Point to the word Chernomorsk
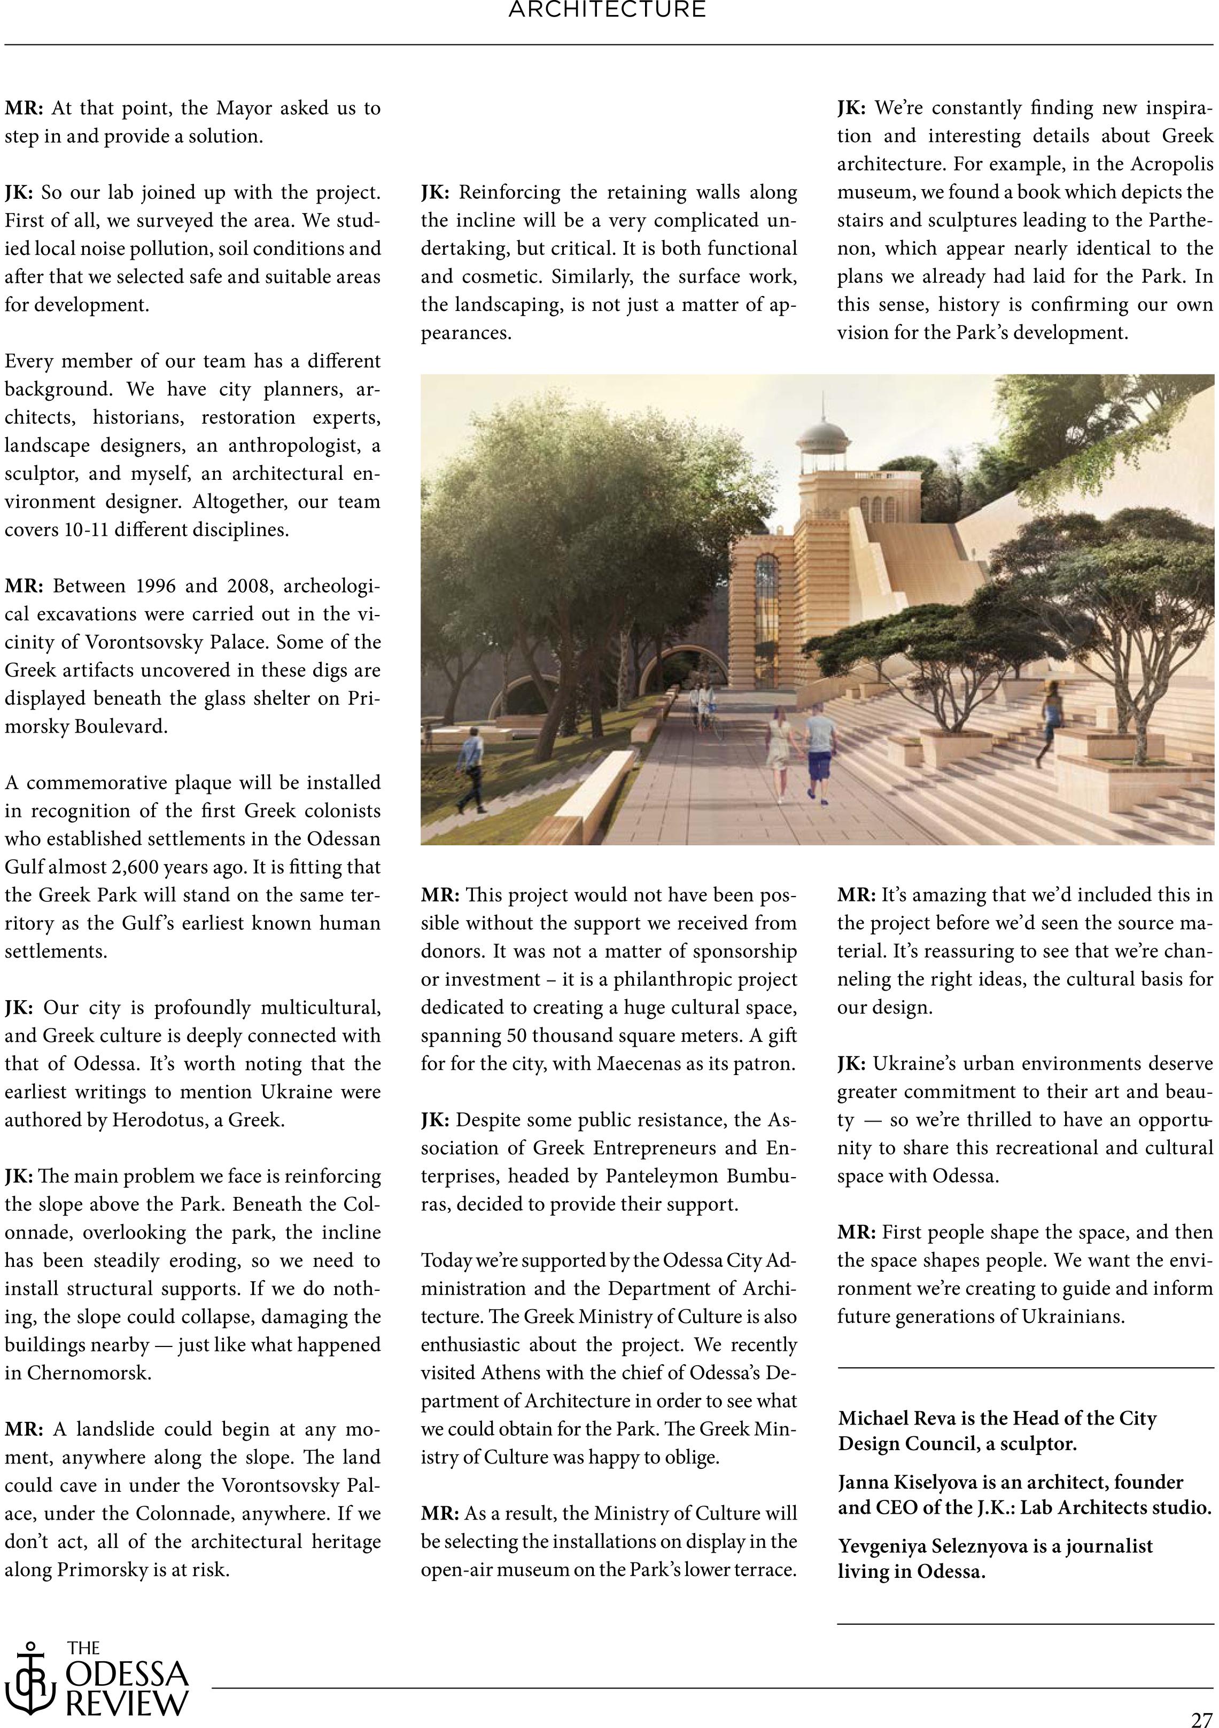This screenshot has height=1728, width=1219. coord(90,1373)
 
